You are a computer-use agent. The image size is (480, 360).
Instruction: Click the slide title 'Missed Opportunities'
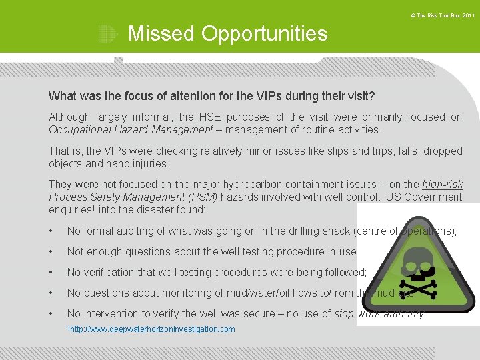(227, 33)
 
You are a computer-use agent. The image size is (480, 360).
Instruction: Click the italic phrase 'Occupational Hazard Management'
(131, 129)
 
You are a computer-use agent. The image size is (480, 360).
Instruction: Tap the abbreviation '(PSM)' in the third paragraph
(210, 197)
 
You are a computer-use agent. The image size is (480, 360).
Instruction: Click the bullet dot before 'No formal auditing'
(51, 231)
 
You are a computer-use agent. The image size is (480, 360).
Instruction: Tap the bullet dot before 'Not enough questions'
(51, 252)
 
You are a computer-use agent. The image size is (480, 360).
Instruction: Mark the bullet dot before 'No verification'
(51, 273)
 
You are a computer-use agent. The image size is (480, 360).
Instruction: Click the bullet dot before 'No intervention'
(51, 314)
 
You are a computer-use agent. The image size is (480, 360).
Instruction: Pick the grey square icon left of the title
(107, 34)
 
